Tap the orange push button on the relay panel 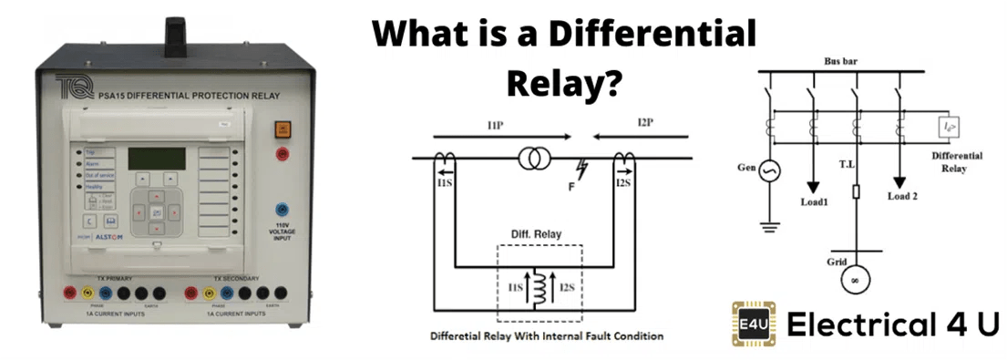pyautogui.click(x=282, y=130)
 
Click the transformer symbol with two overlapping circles pyautogui.click(x=533, y=159)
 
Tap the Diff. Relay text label pyautogui.click(x=535, y=233)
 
